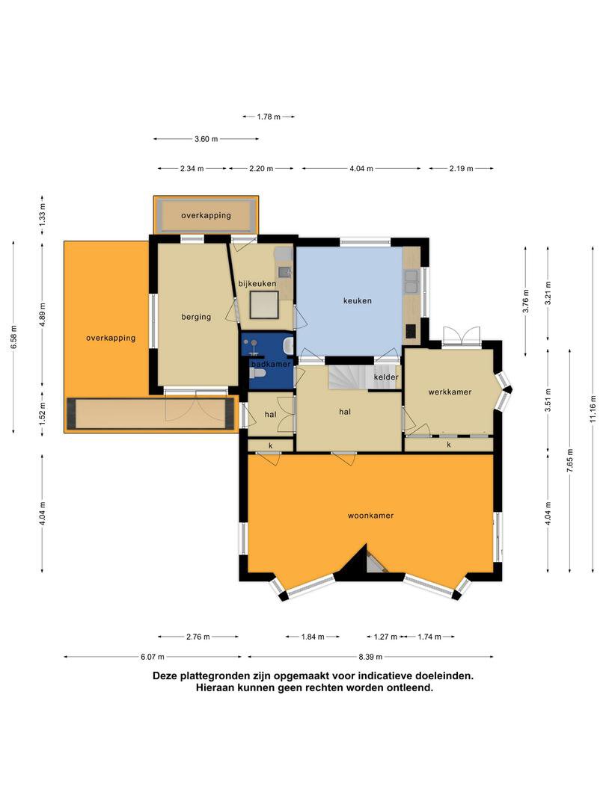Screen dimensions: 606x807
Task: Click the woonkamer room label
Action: click(x=370, y=515)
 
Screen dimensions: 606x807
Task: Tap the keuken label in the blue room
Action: click(x=357, y=300)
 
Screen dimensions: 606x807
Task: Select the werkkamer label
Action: click(x=450, y=392)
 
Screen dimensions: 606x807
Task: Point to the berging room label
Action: click(x=196, y=317)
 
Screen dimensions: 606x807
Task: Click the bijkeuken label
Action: click(x=257, y=284)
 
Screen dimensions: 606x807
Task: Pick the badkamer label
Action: click(x=271, y=364)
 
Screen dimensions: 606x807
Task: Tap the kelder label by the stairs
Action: click(x=386, y=377)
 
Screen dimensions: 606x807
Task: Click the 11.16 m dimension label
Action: click(x=593, y=409)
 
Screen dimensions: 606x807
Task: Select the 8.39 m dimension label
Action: click(x=370, y=657)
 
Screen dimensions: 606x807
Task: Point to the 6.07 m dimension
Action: click(x=153, y=657)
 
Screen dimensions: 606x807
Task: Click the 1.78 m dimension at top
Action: click(x=269, y=117)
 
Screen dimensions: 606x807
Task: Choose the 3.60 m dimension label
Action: click(x=206, y=139)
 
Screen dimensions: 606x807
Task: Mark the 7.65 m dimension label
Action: click(x=570, y=460)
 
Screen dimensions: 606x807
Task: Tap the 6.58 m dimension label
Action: click(x=13, y=337)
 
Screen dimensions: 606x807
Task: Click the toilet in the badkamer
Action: click(x=257, y=373)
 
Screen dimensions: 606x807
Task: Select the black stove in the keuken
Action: click(x=410, y=331)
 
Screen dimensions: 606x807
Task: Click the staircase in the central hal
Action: click(x=347, y=377)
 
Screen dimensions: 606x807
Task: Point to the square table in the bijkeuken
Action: click(x=264, y=305)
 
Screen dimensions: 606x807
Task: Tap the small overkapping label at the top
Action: click(x=206, y=216)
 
